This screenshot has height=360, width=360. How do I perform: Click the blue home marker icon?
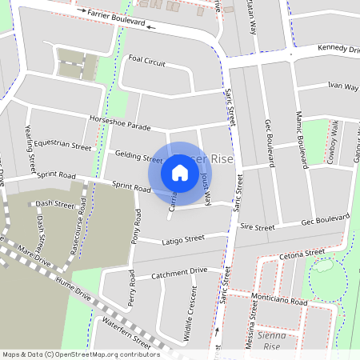[180, 173]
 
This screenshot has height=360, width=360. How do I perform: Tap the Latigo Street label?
[183, 239]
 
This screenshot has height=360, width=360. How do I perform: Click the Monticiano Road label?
[278, 301]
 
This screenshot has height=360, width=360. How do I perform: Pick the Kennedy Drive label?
[338, 50]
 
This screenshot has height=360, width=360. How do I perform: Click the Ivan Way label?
[342, 86]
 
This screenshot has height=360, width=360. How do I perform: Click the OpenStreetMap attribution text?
[81, 354]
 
